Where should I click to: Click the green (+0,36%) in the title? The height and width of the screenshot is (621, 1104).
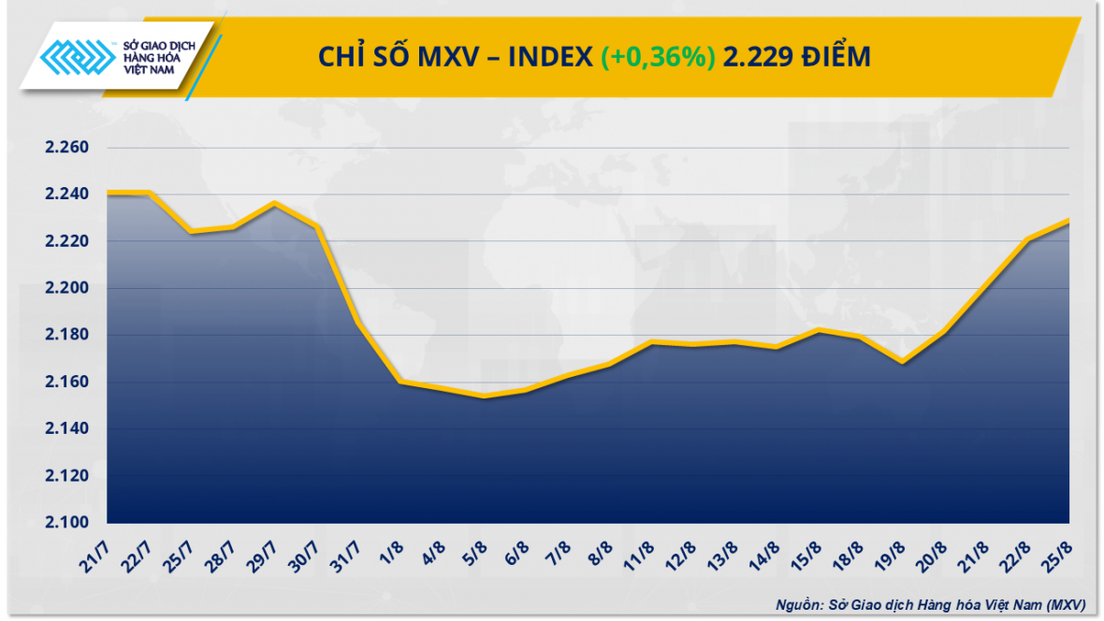659,58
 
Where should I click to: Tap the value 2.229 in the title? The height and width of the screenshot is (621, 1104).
758,58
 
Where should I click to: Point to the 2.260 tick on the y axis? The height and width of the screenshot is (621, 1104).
66,148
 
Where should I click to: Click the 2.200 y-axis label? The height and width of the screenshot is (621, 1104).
66,288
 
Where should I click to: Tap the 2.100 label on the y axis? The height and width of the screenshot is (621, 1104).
66,523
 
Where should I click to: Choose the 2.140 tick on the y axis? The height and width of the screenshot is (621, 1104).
66,429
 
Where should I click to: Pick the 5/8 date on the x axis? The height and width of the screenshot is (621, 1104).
473,550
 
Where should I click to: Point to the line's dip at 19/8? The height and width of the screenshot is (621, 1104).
902,362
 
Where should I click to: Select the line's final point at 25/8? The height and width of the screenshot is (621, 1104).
1068,221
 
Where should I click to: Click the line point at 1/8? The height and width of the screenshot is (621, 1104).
400,382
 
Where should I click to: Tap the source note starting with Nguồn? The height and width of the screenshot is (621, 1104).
931,604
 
